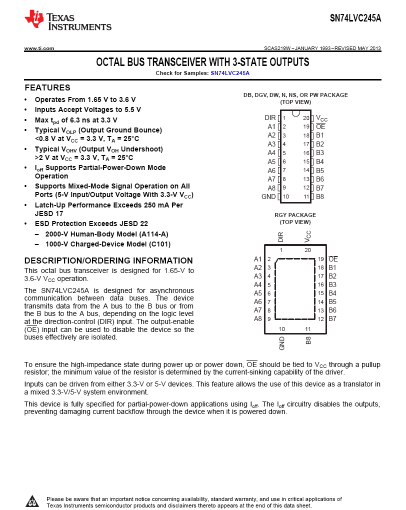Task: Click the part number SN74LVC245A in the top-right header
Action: pyautogui.click(x=355, y=18)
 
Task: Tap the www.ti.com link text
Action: pyautogui.click(x=39, y=48)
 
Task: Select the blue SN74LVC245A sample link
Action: pyautogui.click(x=229, y=73)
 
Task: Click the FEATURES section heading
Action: pyautogui.click(x=47, y=87)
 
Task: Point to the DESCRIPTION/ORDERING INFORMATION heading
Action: pyautogui.click(x=108, y=260)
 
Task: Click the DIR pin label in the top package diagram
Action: pyautogui.click(x=270, y=118)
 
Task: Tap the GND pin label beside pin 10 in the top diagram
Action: pyautogui.click(x=268, y=196)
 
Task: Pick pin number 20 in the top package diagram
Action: pyautogui.click(x=306, y=118)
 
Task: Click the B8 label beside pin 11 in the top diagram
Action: pyautogui.click(x=320, y=196)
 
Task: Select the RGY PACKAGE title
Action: pyautogui.click(x=295, y=215)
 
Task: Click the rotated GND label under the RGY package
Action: pyautogui.click(x=282, y=343)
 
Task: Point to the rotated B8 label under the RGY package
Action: pyautogui.click(x=308, y=341)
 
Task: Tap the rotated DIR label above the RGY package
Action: pyautogui.click(x=280, y=237)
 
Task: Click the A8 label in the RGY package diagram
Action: pyautogui.click(x=258, y=318)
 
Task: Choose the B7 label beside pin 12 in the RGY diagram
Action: pyautogui.click(x=332, y=318)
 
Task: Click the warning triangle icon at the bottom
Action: pyautogui.click(x=32, y=501)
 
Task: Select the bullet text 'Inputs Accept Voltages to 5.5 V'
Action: pyautogui.click(x=87, y=109)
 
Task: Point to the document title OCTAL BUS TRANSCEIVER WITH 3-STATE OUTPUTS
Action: pyautogui.click(x=202, y=62)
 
